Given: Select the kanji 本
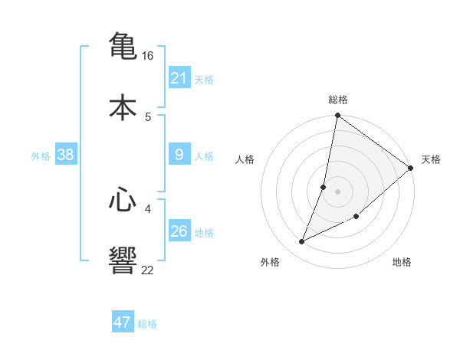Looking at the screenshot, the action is tap(123, 108).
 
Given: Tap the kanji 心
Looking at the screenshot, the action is tap(123, 201).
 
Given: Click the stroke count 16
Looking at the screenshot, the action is tap(148, 56).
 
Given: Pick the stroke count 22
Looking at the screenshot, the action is tap(148, 270).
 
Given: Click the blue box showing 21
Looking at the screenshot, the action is tap(179, 78).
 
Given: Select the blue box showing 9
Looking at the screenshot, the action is tap(179, 155).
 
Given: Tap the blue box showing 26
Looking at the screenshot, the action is tap(179, 231).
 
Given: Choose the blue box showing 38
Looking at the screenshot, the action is tap(66, 155).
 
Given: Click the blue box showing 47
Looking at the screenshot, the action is tap(123, 322).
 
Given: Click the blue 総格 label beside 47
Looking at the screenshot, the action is tap(147, 324).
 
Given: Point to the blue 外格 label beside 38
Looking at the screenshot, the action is tap(41, 156).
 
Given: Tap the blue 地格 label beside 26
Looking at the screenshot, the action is tap(204, 233).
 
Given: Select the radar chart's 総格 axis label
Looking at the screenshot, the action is tap(338, 100).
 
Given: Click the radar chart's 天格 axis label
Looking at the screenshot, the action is tap(431, 159).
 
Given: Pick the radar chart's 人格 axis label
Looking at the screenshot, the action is tap(245, 159).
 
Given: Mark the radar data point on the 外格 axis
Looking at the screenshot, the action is tap(302, 242).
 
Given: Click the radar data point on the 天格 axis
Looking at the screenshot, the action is tap(411, 168).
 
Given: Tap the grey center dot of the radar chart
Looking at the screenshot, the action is tap(338, 191).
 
